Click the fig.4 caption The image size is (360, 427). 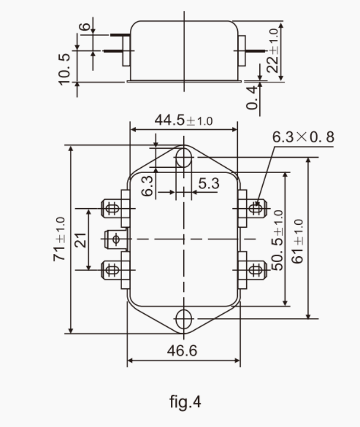click(185, 402)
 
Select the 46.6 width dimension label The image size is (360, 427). click(183, 350)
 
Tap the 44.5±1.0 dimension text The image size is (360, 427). click(183, 120)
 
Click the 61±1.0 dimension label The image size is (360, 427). click(298, 241)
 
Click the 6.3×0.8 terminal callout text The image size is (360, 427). click(303, 138)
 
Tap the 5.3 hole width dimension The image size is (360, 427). click(209, 183)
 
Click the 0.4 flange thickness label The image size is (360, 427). click(252, 97)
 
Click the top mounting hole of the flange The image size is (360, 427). click(183, 158)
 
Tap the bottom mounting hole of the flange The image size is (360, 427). click(183, 319)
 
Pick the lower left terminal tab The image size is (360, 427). click(112, 269)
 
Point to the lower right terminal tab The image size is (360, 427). click(255, 269)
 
